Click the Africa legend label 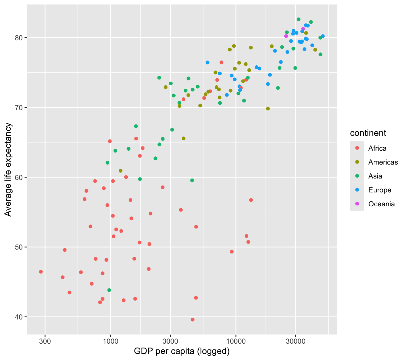[377, 148]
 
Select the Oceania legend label [381, 204]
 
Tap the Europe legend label [380, 190]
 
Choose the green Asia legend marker [357, 176]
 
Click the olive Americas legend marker [357, 162]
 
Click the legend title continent [368, 133]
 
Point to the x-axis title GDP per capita [182, 351]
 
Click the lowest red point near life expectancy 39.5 [193, 319]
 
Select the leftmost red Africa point [41, 272]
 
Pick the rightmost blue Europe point [323, 36]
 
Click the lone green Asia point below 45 [109, 290]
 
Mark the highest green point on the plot [299, 19]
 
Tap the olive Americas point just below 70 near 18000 [268, 109]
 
